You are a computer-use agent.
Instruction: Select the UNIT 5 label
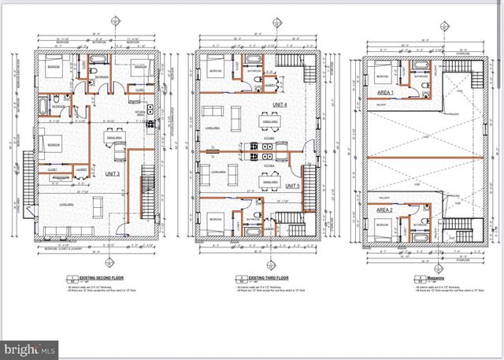pyautogui.click(x=291, y=185)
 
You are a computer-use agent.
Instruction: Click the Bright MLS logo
pyautogui.click(x=30, y=346)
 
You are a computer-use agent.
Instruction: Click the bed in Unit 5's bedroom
pyautogui.click(x=216, y=222)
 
